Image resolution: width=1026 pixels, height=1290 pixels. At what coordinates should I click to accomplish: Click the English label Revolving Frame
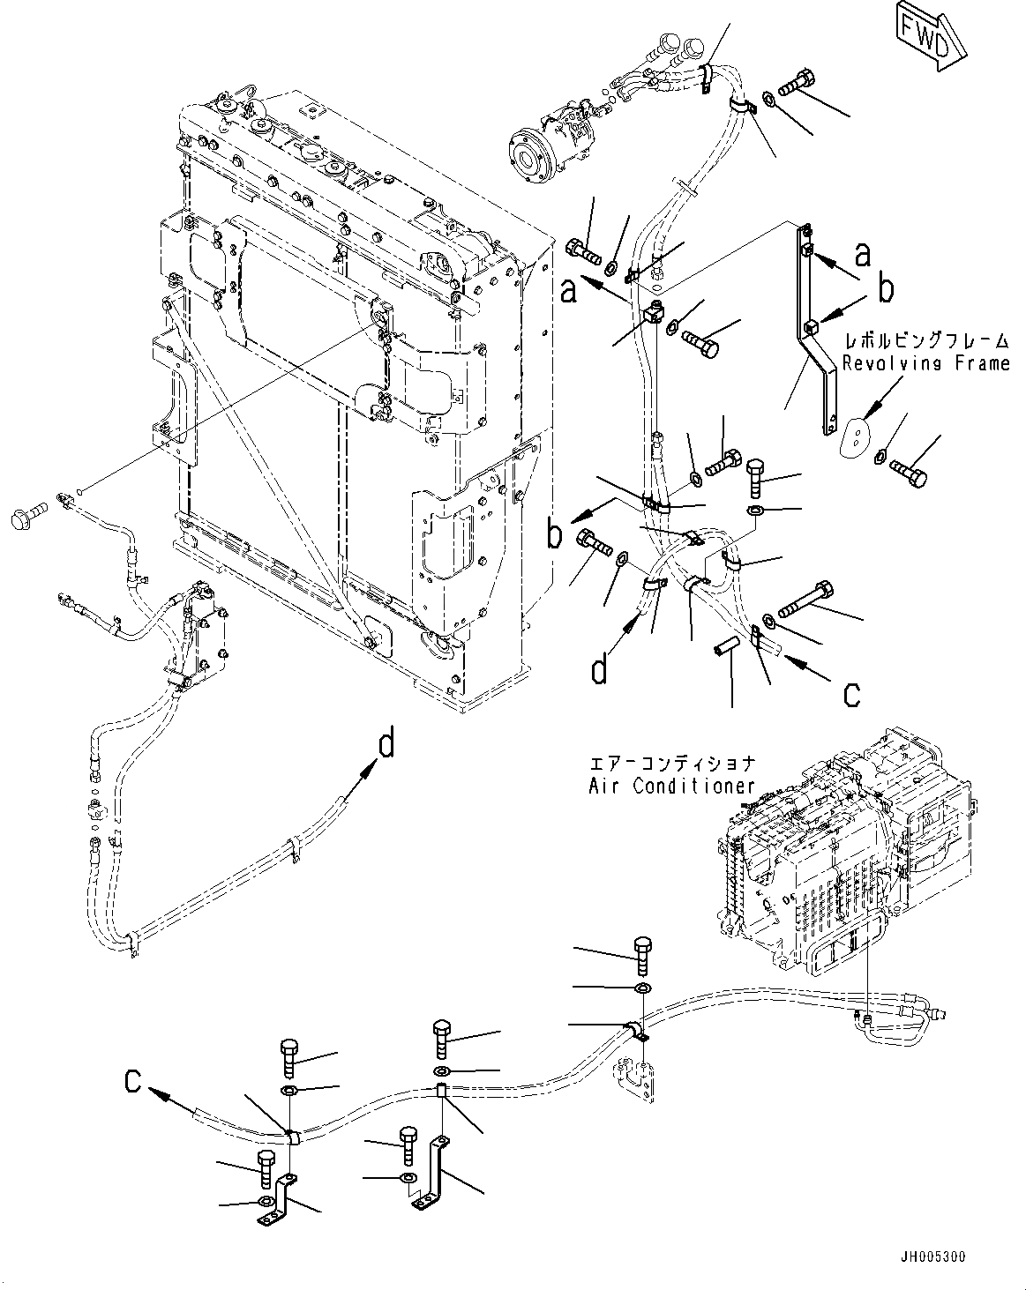pos(925,363)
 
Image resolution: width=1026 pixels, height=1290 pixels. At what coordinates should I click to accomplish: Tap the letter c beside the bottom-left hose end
pos(132,1080)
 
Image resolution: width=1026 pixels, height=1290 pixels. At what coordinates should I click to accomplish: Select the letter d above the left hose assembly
pos(386,745)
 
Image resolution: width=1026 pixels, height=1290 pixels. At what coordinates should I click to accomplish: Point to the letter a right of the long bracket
pos(863,255)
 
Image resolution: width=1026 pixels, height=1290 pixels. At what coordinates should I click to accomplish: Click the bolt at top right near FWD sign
pos(794,84)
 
